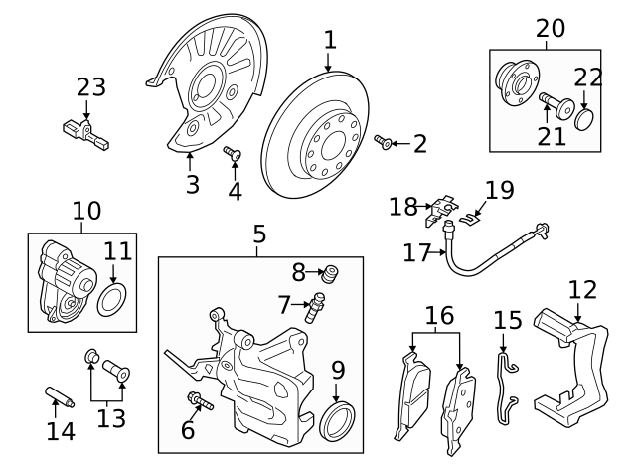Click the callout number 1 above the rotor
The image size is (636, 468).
click(x=330, y=41)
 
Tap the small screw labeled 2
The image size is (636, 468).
click(x=386, y=144)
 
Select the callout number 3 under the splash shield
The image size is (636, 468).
click(x=192, y=184)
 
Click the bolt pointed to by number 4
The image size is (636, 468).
click(x=233, y=153)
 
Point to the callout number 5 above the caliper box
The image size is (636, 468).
click(x=258, y=234)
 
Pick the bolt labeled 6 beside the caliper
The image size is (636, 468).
click(x=197, y=401)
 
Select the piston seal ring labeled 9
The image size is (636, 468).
click(x=339, y=419)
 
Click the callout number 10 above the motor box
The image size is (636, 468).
click(x=86, y=211)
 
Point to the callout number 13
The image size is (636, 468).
click(x=111, y=418)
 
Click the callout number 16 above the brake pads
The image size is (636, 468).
click(x=439, y=315)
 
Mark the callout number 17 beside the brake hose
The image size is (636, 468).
click(x=417, y=253)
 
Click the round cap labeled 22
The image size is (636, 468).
click(x=586, y=120)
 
